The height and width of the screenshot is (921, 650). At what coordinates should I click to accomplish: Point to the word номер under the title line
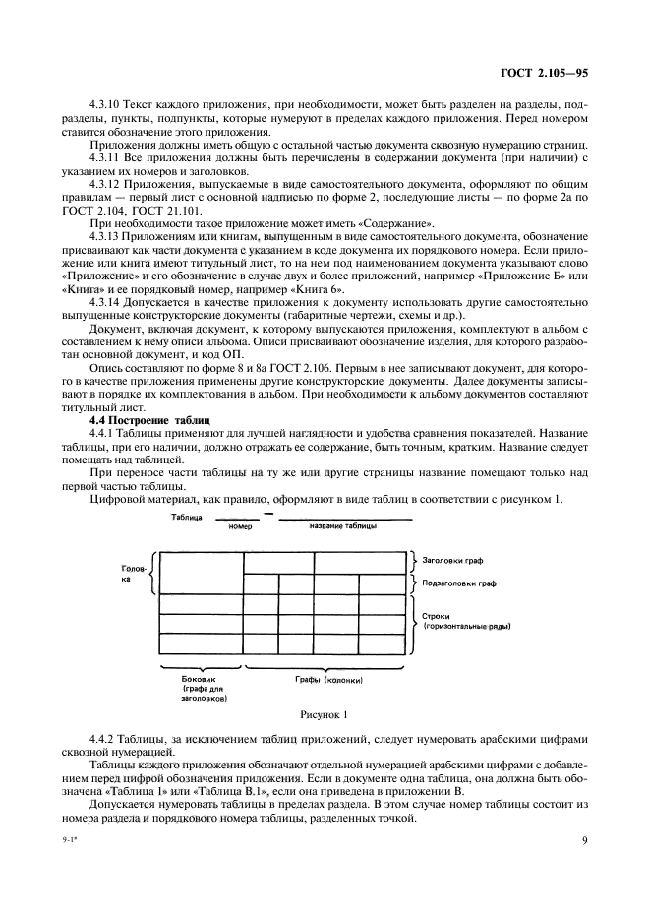(x=240, y=526)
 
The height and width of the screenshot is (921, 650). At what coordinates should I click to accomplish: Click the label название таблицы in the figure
(x=343, y=526)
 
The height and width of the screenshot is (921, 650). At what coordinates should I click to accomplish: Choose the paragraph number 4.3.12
(x=106, y=184)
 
